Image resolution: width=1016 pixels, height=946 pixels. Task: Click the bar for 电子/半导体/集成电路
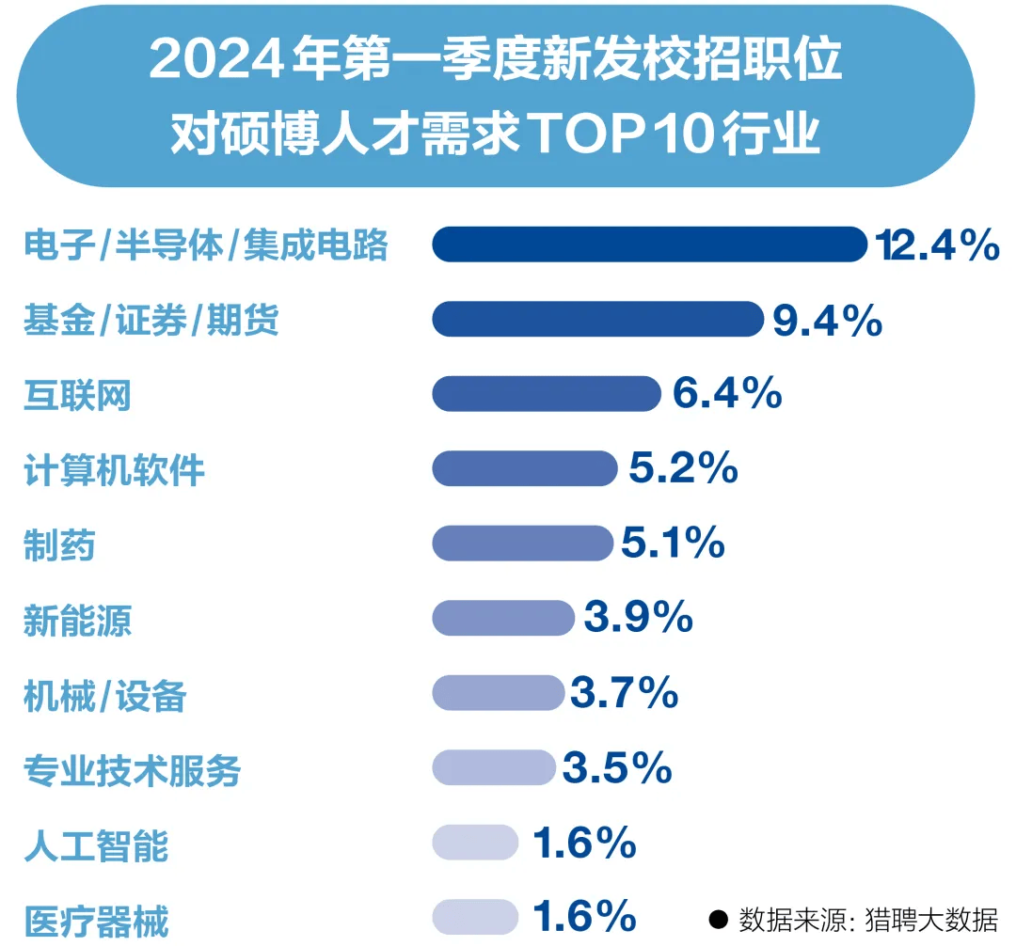click(x=649, y=244)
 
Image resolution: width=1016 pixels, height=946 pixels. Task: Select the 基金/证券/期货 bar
click(x=597, y=319)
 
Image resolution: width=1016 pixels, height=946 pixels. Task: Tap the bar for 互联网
click(x=547, y=393)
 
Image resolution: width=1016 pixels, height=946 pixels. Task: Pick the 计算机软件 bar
click(x=524, y=468)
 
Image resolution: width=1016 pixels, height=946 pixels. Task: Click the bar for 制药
click(x=522, y=543)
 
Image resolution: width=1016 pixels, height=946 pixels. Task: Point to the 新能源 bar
click(x=503, y=618)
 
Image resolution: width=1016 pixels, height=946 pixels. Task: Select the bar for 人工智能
click(x=475, y=843)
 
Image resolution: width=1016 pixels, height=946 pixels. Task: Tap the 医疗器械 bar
click(x=475, y=917)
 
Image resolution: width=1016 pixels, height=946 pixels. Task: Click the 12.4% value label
click(x=936, y=245)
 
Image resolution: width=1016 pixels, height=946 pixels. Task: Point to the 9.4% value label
click(x=827, y=320)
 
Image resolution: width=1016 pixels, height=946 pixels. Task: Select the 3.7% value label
click(x=624, y=693)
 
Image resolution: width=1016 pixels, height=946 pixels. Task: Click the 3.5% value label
click(x=617, y=768)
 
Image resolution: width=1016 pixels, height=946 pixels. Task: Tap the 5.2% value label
click(x=683, y=468)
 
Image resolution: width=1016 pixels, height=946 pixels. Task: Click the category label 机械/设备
click(x=105, y=697)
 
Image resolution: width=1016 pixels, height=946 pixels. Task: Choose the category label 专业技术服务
click(x=133, y=771)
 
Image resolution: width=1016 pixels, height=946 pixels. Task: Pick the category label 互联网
click(x=77, y=396)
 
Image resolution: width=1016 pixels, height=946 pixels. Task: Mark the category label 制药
click(x=59, y=545)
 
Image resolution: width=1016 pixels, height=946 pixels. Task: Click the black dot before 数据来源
click(x=719, y=919)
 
